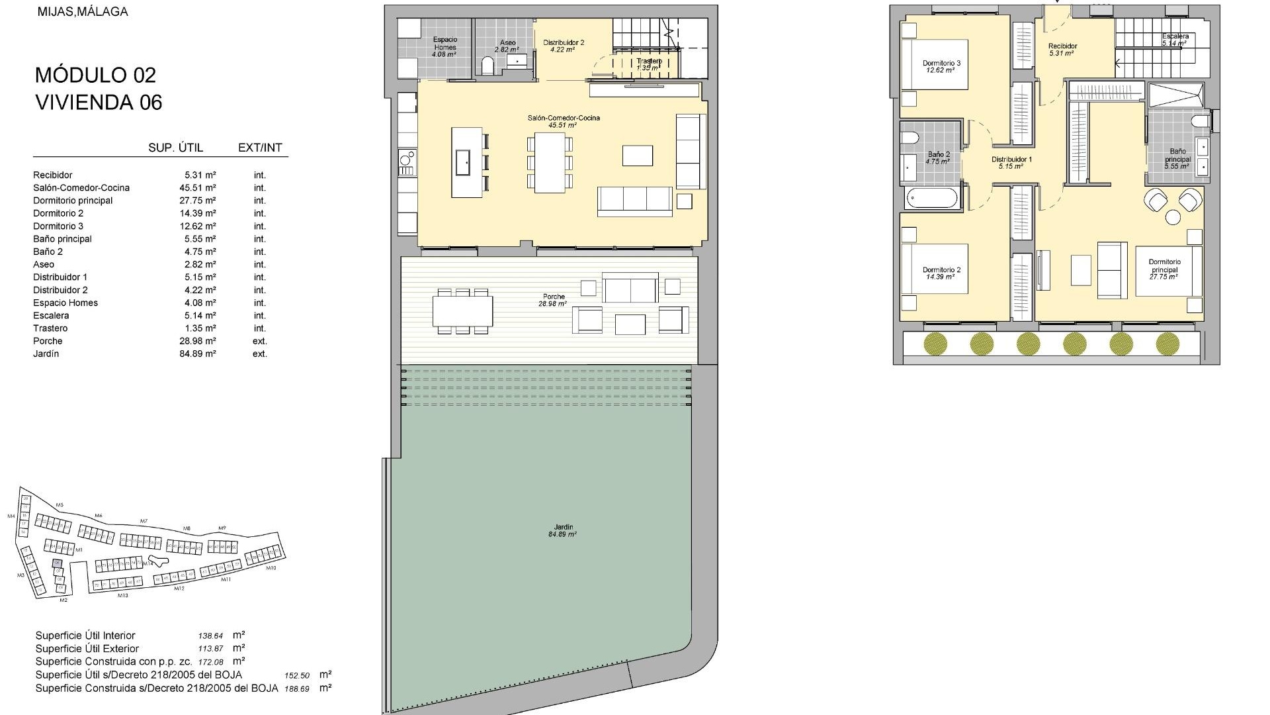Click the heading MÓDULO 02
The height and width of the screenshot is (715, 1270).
click(95, 75)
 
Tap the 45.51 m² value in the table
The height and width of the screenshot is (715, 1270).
click(197, 188)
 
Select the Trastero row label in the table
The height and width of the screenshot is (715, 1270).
click(50, 328)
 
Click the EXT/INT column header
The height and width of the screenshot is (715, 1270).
click(260, 148)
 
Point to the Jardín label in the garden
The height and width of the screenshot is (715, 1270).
click(562, 528)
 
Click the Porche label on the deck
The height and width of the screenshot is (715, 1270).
click(554, 297)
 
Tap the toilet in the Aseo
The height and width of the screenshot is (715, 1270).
click(488, 66)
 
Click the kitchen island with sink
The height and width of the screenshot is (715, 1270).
click(467, 162)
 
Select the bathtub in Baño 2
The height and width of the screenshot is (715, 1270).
click(931, 199)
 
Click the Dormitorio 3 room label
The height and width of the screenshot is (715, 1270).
click(941, 64)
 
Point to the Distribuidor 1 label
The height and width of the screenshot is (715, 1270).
click(1011, 160)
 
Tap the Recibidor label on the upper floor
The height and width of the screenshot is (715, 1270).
click(1062, 46)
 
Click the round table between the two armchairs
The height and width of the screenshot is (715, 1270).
click(1173, 217)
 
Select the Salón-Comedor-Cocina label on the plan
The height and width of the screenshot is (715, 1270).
click(564, 118)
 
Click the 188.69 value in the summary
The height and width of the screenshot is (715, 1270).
click(297, 689)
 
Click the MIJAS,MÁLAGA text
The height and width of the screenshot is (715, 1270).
click(83, 12)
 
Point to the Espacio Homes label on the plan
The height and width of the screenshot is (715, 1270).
click(444, 43)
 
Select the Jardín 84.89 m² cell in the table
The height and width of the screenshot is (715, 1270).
click(197, 354)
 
